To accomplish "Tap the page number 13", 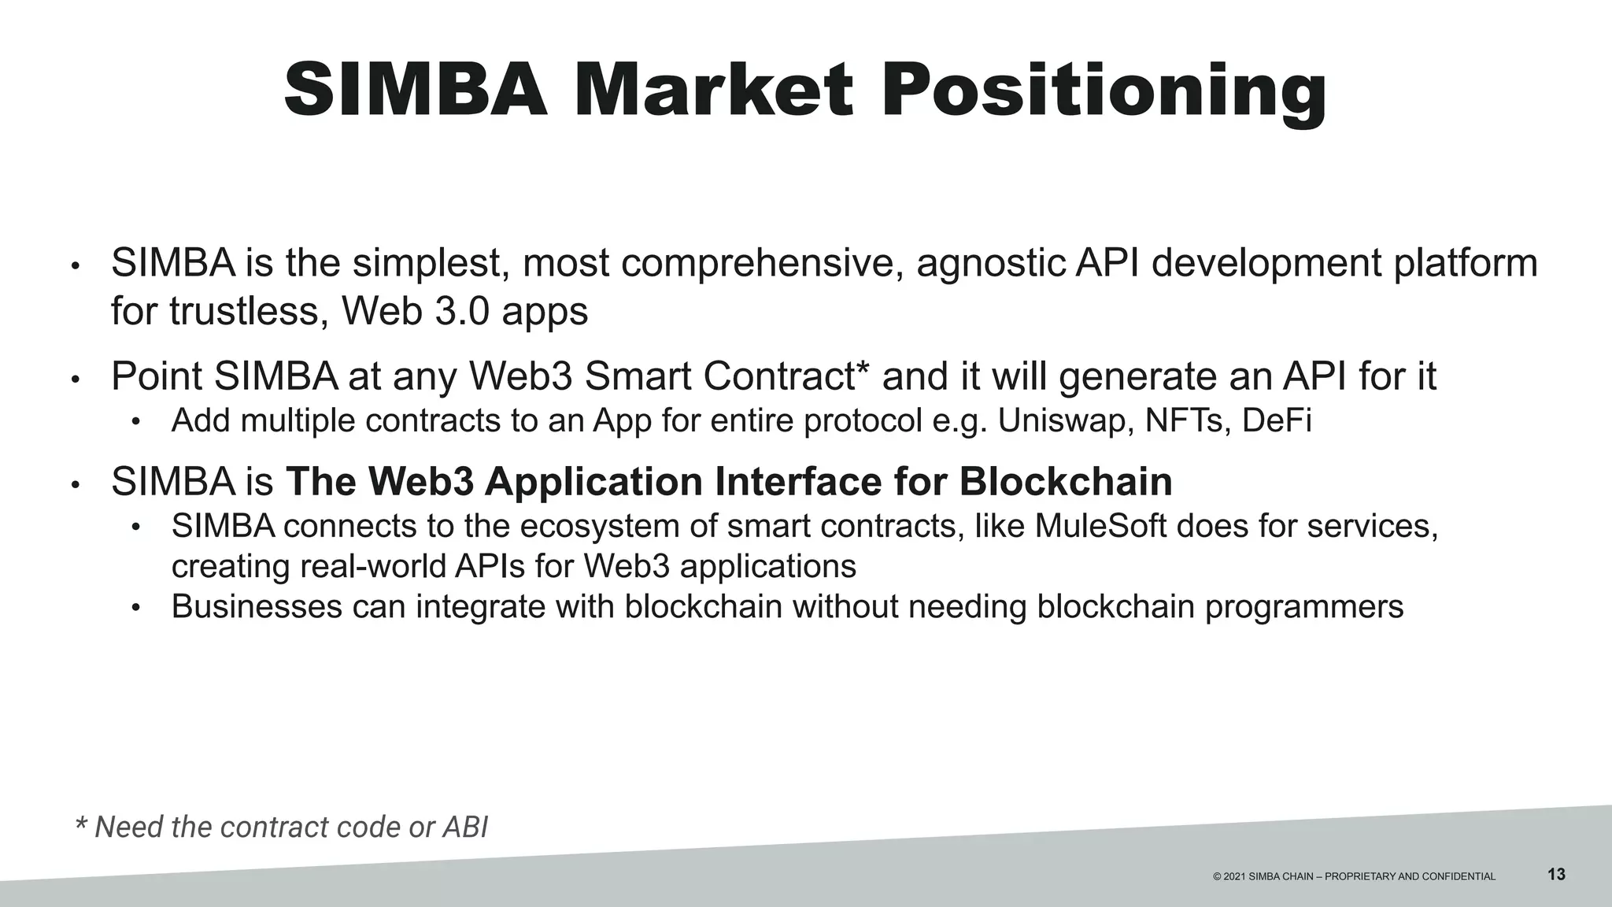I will pos(1556,874).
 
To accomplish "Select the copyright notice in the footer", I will pos(1354,876).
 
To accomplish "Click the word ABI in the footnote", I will pos(465,827).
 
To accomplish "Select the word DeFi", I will pos(1277,421).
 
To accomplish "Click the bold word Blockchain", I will pos(1066,482).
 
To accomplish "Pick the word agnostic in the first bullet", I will pos(990,264).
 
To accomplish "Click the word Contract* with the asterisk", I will pos(787,376).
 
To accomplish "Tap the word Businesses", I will pos(257,607).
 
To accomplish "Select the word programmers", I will pos(1304,607).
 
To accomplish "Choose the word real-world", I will pos(372,567).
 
